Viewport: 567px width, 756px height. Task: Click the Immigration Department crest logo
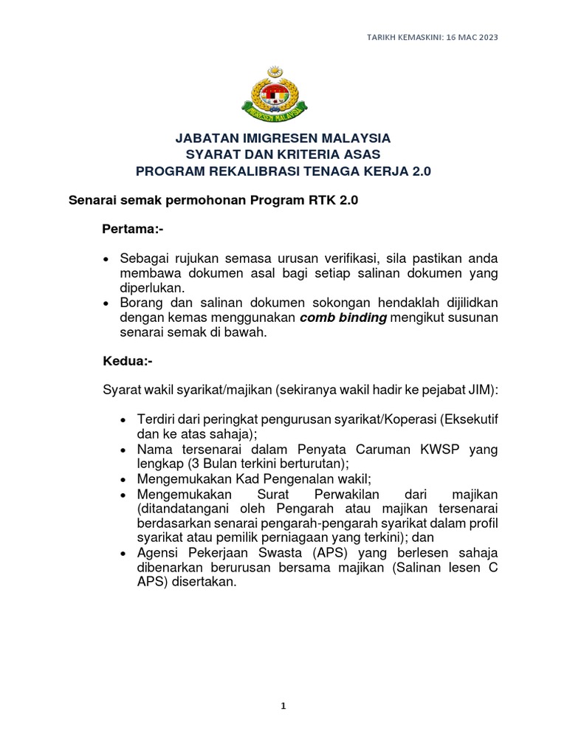[x=283, y=96]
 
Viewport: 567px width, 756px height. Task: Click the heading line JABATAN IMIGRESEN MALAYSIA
[x=283, y=138]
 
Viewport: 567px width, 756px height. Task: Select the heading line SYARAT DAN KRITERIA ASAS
[x=283, y=154]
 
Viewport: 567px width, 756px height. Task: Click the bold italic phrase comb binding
[x=344, y=317]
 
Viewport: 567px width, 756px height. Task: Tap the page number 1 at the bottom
[x=283, y=706]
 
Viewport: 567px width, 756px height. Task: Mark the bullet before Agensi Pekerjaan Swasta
[x=123, y=552]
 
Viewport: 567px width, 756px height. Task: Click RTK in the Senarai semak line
[x=314, y=200]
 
